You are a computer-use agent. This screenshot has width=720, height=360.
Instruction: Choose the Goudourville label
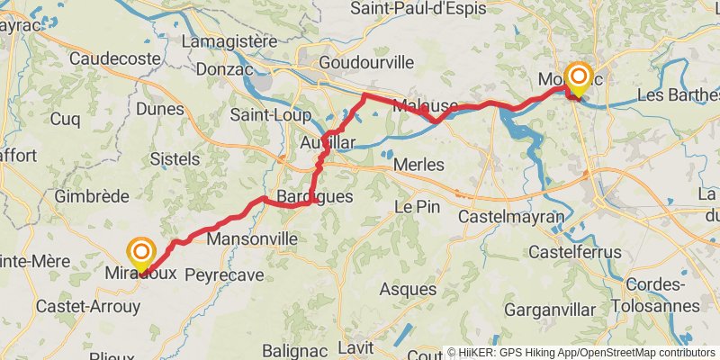pos(366,62)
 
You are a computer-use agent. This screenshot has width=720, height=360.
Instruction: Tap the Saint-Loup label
pos(270,115)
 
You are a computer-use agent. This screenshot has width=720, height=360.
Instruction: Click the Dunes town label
pos(160,109)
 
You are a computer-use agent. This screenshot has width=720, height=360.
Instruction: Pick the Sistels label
pos(175,158)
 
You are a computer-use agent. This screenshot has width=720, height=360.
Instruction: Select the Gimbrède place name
pos(92,196)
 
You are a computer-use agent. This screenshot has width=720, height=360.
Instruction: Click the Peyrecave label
pos(224,274)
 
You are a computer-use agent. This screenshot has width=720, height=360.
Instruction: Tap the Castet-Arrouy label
pos(88,306)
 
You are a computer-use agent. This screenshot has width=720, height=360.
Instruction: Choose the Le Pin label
pos(418,206)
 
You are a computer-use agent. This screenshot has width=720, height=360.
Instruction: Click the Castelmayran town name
pos(510,217)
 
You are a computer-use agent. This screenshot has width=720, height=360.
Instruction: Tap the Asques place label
pos(408,290)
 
